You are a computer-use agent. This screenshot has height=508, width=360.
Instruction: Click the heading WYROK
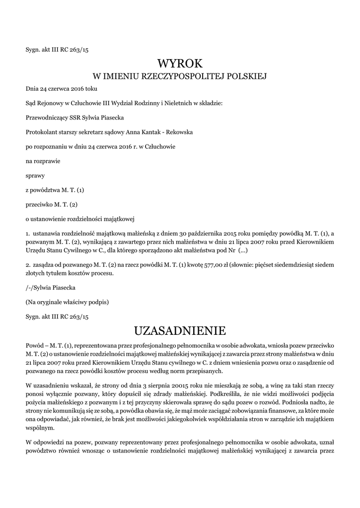coord(180,63)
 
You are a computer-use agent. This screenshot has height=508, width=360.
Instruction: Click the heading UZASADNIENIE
coord(180,330)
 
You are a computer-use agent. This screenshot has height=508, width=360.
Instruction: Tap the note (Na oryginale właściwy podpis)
coord(67,302)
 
